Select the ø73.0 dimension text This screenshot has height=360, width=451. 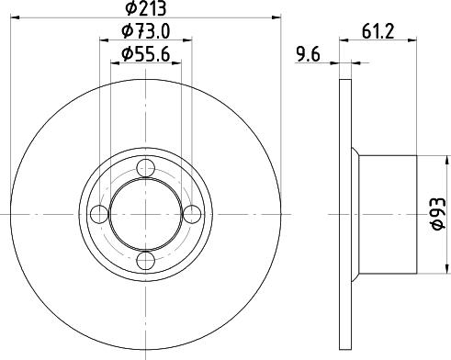(x=145, y=33)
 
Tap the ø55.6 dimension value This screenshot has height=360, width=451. (x=145, y=56)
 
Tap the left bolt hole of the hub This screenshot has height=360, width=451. (x=100, y=214)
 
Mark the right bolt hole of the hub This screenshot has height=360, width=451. (x=191, y=214)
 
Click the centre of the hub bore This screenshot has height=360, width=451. (x=146, y=214)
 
